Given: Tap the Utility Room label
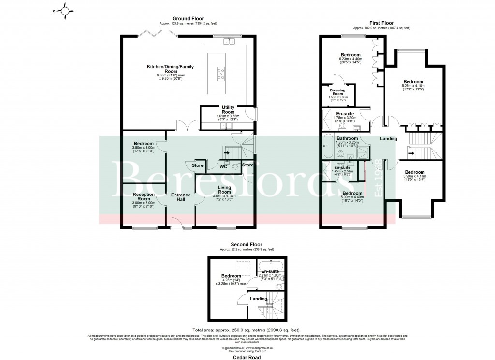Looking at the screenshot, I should (x=228, y=110).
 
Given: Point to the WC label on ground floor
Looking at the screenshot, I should (x=223, y=167).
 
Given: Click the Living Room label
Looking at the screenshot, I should (x=224, y=189).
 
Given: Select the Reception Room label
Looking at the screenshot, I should (x=144, y=197).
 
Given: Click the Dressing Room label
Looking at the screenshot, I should (x=337, y=92).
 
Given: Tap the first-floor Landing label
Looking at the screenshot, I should (x=388, y=139).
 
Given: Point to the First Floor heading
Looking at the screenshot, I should (x=381, y=23).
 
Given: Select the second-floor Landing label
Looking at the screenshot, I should (x=259, y=299).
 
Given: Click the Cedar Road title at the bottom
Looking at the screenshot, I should (x=247, y=357).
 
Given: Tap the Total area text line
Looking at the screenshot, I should (x=247, y=329).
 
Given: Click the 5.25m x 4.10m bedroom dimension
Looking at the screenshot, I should (x=413, y=87).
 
